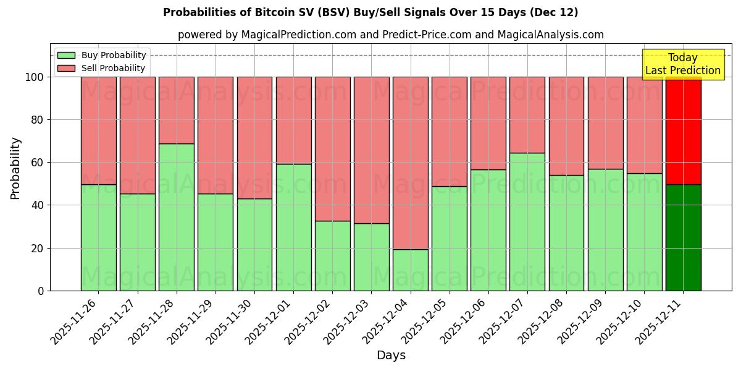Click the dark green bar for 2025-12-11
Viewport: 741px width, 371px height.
click(x=683, y=237)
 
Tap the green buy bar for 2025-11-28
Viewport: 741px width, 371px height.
click(x=177, y=217)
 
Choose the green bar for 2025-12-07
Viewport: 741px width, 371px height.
click(x=527, y=221)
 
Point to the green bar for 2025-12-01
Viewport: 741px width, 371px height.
click(x=293, y=227)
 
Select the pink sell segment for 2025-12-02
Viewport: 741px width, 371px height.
click(x=332, y=149)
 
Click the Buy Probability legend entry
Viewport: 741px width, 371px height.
click(x=101, y=55)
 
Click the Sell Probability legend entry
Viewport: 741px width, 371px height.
click(x=101, y=68)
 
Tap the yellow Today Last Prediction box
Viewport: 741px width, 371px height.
click(x=682, y=64)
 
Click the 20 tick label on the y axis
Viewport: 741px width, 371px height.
click(x=39, y=248)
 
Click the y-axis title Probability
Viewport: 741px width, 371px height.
click(x=15, y=168)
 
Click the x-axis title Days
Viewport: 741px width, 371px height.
click(x=391, y=356)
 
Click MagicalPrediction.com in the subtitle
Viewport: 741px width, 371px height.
click(x=299, y=35)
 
